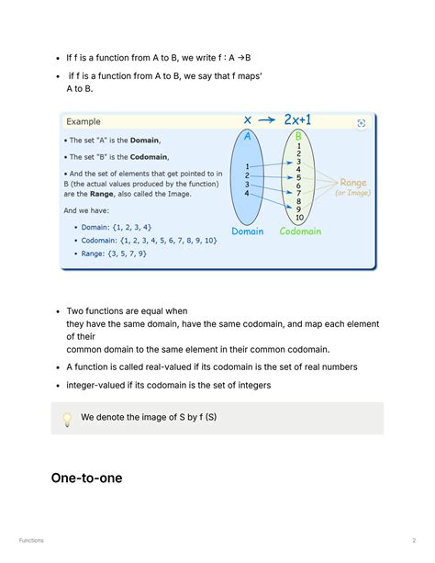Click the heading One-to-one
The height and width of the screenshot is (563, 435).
[86, 478]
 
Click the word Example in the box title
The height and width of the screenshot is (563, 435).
[84, 121]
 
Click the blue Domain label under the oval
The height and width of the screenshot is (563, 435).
[248, 231]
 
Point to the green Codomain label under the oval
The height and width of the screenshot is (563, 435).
[300, 231]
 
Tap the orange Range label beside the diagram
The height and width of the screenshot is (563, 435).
[353, 183]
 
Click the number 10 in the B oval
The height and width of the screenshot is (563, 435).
[299, 218]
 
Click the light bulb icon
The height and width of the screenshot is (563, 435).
[67, 419]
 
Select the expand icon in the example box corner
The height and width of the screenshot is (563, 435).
[361, 123]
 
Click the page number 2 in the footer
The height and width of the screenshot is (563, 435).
[414, 540]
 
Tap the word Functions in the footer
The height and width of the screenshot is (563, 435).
[31, 540]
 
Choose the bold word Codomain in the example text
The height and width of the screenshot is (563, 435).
[141, 157]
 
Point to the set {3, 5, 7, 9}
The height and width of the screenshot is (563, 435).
[127, 253]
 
